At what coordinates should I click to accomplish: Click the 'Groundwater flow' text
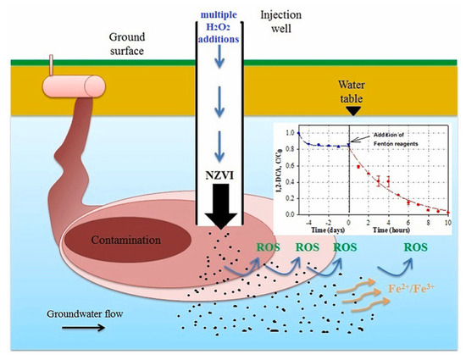tap(85, 316)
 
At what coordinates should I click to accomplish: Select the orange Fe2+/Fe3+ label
tap(411, 288)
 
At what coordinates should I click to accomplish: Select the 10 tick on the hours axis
tap(447, 221)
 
